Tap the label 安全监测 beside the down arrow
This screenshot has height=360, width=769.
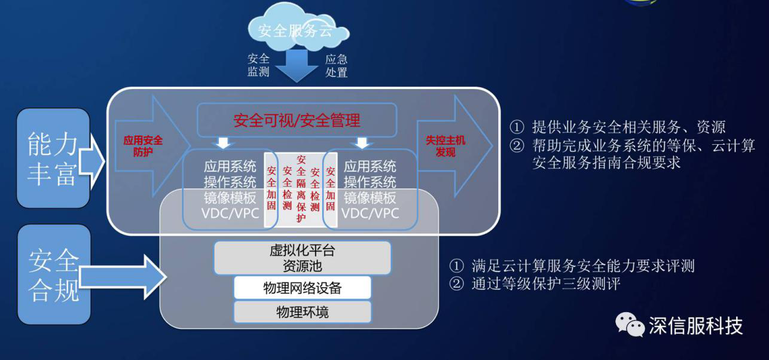258,65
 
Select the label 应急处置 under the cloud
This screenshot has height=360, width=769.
337,66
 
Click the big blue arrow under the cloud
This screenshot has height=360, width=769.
297,66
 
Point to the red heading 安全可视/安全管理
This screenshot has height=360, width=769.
297,120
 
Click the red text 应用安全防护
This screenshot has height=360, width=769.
143,146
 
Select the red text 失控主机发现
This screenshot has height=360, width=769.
445,146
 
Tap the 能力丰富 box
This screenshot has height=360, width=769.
53,158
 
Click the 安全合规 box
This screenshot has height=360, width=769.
54,274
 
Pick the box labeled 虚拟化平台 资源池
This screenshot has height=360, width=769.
303,258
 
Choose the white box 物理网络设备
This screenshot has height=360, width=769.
303,288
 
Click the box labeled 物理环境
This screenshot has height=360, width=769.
303,312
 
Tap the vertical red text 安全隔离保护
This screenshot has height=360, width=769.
301,188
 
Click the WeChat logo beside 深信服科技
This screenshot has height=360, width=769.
630,325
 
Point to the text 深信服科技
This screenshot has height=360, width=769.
695,326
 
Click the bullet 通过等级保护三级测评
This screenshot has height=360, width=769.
535,284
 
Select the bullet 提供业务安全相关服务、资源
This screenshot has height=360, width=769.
617,127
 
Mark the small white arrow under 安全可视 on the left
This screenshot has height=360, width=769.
223,143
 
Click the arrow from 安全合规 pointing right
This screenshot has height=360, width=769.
123,277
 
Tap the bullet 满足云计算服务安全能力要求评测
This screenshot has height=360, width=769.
572,266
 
